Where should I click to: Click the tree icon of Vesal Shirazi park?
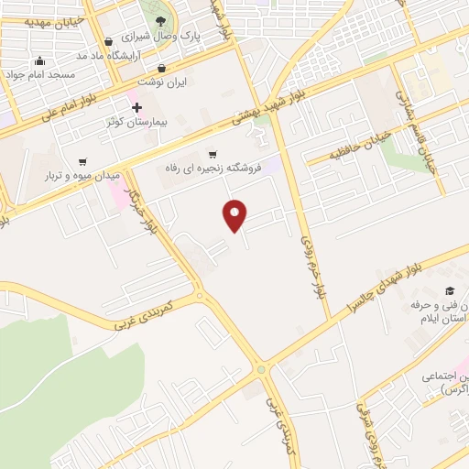click(x=161, y=21)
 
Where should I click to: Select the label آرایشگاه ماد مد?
click(x=137, y=56)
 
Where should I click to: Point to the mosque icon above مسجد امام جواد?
click(x=38, y=60)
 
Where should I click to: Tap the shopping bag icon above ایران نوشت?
click(x=162, y=68)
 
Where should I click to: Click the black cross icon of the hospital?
click(x=137, y=107)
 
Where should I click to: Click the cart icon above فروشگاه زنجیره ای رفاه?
click(x=213, y=154)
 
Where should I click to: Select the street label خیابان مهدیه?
click(x=35, y=18)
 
